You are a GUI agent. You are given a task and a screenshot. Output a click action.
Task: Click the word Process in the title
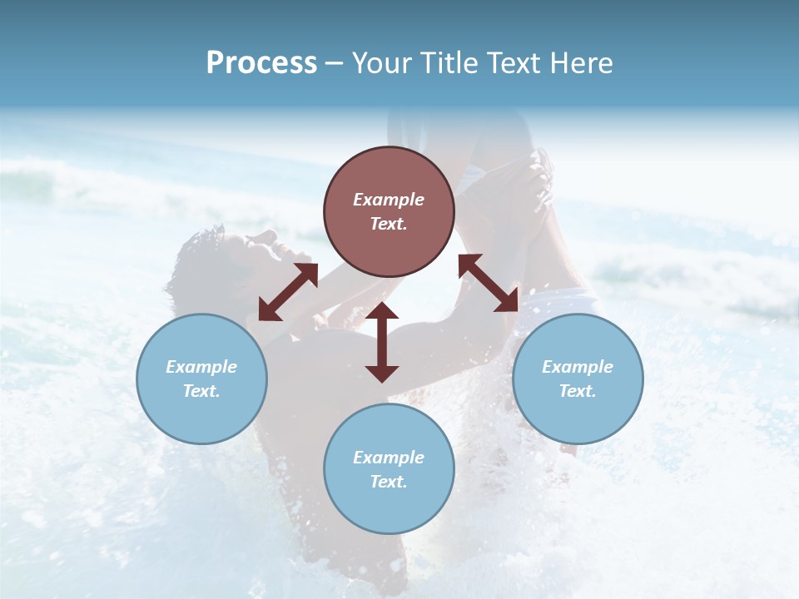261,63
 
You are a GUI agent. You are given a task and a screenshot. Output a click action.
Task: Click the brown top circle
389,211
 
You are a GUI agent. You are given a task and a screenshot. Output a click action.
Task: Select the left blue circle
201,379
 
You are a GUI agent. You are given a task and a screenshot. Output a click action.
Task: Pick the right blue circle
578,379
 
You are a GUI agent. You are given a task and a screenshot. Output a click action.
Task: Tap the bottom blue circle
389,468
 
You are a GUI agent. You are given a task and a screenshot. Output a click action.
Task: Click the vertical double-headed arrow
382,342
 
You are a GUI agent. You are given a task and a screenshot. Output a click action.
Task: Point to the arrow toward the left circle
288,292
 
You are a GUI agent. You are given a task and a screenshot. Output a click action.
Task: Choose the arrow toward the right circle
489,283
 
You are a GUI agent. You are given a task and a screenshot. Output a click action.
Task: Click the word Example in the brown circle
389,200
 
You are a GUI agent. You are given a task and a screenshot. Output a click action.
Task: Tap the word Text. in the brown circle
389,224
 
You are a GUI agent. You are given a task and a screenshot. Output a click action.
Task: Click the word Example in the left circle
201,367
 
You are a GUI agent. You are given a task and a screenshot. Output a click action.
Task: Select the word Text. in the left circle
201,391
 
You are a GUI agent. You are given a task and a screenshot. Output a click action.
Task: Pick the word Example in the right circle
578,367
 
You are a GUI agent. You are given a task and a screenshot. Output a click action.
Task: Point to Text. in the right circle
578,391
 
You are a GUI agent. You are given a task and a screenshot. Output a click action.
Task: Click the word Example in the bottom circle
389,458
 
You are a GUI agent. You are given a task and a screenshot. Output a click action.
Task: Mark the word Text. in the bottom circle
389,482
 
